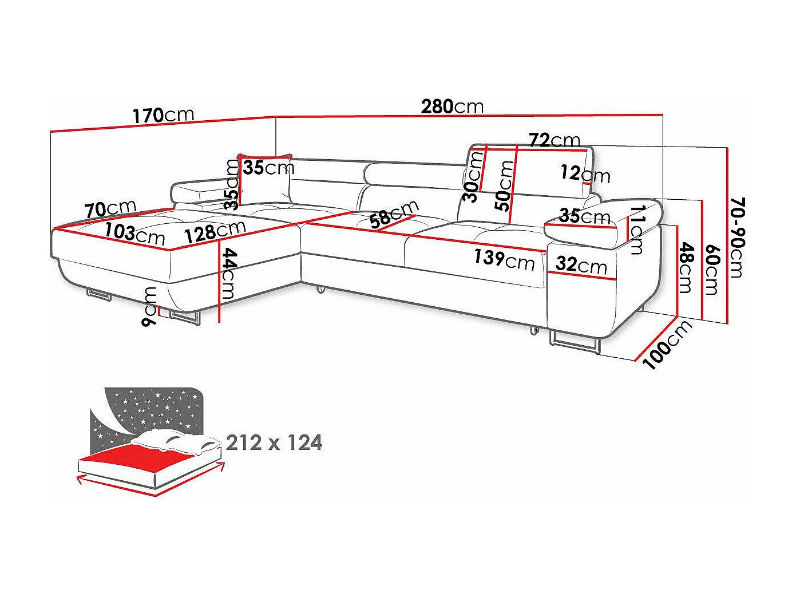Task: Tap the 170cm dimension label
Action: (164, 115)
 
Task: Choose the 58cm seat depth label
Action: (394, 214)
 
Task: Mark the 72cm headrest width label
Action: (554, 140)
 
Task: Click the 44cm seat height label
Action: (228, 274)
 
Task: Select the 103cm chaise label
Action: (135, 234)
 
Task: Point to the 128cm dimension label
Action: (215, 230)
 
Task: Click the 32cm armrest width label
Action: (581, 265)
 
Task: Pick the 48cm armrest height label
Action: (686, 267)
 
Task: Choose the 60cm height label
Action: (711, 270)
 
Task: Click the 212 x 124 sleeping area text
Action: (274, 442)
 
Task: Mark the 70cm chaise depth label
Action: (110, 209)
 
